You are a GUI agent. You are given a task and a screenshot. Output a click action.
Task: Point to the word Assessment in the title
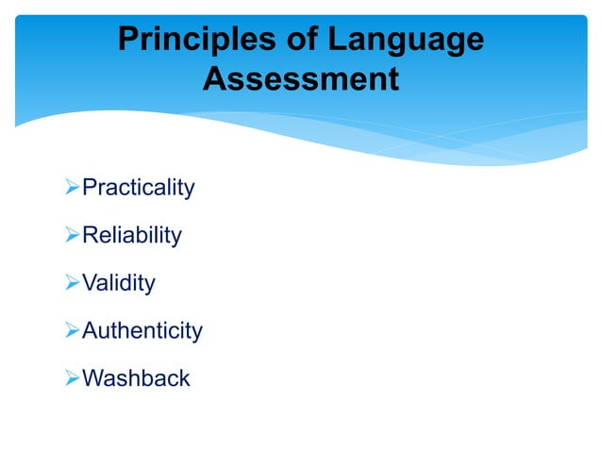301,80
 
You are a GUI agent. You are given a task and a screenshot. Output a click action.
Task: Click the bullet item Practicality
139,188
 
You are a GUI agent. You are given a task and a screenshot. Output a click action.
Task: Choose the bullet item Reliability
132,236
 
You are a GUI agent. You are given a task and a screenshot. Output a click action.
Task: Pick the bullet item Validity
119,283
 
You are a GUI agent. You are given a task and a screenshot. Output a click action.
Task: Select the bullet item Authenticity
142,331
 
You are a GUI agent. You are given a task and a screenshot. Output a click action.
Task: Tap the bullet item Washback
137,378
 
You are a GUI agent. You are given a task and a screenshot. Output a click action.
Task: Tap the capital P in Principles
127,41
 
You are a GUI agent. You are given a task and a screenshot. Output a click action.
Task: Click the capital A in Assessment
215,80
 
